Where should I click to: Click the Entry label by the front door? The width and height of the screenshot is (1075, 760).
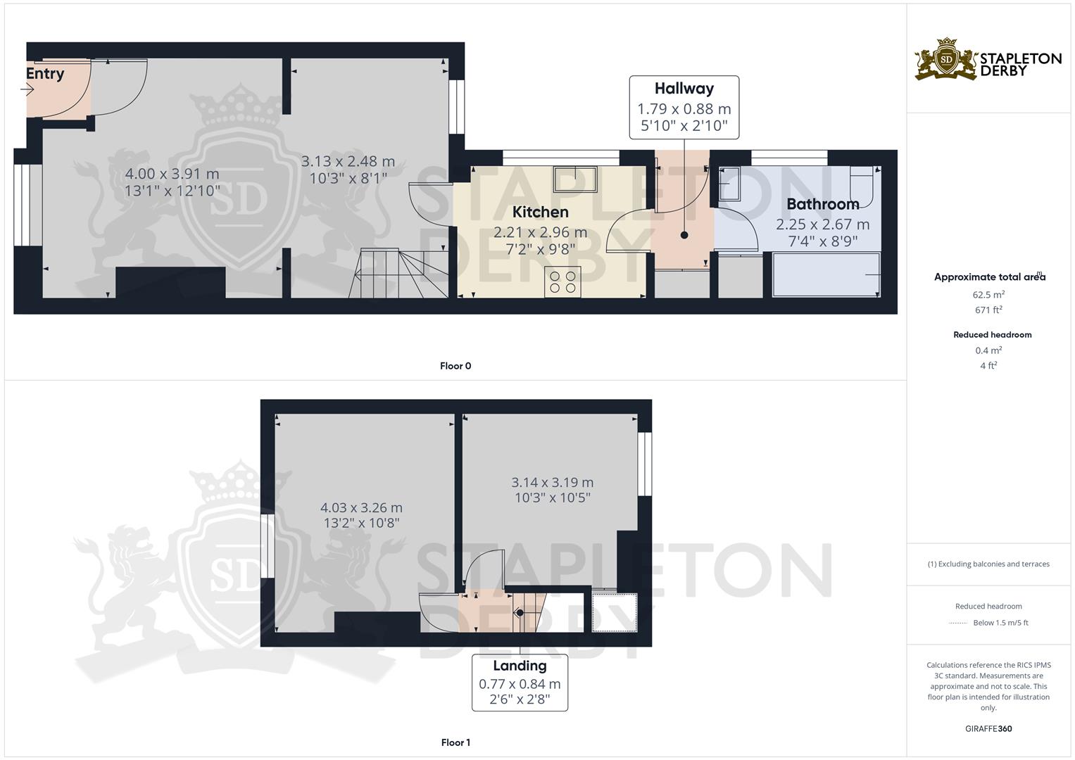45,73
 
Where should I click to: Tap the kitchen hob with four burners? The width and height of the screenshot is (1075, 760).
562,282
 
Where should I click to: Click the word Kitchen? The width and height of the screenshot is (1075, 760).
541,212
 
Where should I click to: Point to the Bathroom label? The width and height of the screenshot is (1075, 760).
822,204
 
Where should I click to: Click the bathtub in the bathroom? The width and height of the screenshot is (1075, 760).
826,274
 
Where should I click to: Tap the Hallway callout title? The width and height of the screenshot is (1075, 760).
684,88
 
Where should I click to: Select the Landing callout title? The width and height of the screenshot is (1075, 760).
520,666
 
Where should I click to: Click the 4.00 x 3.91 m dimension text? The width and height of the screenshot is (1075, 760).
172,174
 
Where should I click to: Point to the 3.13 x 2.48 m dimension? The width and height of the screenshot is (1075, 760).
348,161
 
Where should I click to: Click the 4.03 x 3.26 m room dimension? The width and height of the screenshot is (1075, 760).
361,507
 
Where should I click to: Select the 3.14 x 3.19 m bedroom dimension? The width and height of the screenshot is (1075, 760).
553,482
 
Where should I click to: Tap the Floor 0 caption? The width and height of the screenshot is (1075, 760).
455,366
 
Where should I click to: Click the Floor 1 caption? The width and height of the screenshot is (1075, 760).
455,742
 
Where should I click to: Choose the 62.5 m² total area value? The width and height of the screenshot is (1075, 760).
988,295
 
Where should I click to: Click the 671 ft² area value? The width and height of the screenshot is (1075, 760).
988,310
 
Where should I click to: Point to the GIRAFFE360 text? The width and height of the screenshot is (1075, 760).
988,729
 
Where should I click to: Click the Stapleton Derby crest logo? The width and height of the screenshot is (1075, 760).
946,60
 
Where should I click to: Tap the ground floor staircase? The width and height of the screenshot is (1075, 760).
398,273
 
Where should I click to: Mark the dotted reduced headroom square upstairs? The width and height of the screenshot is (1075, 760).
615,613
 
